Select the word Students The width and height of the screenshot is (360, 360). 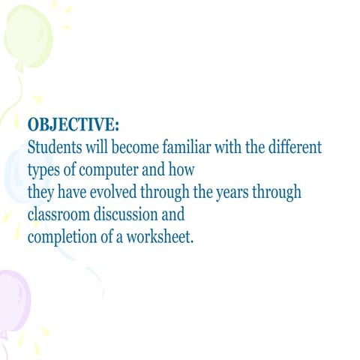pyautogui.click(x=55, y=145)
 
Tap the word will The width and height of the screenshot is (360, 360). pyautogui.click(x=95, y=145)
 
